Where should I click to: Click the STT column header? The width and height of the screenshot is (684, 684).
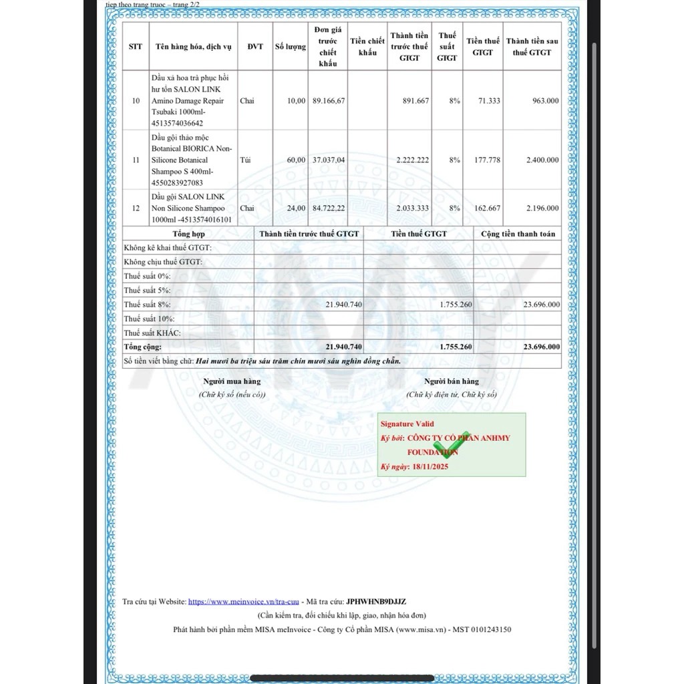coord(136,47)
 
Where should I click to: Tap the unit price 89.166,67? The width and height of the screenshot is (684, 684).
coord(328,101)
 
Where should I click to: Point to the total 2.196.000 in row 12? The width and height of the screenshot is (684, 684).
coord(542,208)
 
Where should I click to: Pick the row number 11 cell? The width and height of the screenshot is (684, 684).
coord(136,160)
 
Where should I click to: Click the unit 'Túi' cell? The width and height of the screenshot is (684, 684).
coord(246,160)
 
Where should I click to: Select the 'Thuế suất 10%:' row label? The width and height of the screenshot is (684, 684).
coord(148,319)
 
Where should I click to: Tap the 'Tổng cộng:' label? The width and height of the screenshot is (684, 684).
coord(143,347)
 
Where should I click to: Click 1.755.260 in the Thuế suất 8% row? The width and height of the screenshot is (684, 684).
coord(456,305)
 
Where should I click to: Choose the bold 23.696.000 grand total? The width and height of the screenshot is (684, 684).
coord(542,347)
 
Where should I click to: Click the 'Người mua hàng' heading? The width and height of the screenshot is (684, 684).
coord(232,381)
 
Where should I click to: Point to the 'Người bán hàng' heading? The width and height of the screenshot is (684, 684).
coord(452,381)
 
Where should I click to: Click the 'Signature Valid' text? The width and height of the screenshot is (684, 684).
coord(407,424)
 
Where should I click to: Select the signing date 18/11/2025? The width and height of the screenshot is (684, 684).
coord(431,467)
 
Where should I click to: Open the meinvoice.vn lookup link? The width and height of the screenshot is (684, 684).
coord(244,602)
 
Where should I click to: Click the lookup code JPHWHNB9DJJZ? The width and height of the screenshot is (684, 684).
coord(376,602)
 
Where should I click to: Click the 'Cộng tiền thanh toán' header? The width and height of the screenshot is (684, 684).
coord(518,234)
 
